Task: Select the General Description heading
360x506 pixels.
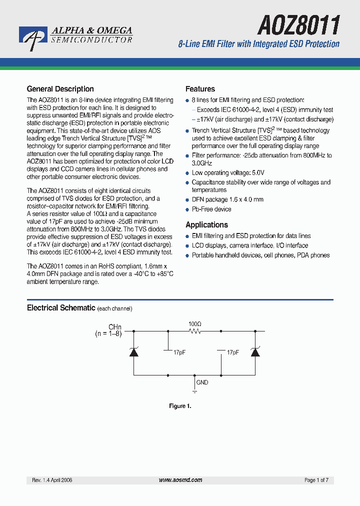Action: tap(60, 89)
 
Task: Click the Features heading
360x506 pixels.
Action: tap(200, 89)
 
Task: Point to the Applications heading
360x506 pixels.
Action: tap(206, 225)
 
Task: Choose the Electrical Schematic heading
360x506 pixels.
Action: tap(61, 308)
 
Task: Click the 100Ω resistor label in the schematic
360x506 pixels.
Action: tap(195, 323)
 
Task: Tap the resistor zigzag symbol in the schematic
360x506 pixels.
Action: tap(195, 330)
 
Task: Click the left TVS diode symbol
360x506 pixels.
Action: tap(133, 351)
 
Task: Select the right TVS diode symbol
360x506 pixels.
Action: tap(255, 351)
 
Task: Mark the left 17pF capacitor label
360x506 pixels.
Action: tap(179, 352)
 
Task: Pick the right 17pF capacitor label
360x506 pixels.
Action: tap(232, 352)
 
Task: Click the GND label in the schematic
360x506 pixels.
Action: tap(202, 382)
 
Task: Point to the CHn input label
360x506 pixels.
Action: tap(115, 327)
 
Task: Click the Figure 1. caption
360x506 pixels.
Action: tap(180, 406)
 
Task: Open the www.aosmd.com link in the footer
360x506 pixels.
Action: tap(180, 480)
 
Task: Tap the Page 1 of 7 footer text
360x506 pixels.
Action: tap(316, 480)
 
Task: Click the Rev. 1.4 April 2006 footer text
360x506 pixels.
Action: tap(52, 480)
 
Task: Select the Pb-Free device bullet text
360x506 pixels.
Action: tap(211, 209)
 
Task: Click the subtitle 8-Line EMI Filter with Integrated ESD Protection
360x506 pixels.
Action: tap(258, 44)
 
